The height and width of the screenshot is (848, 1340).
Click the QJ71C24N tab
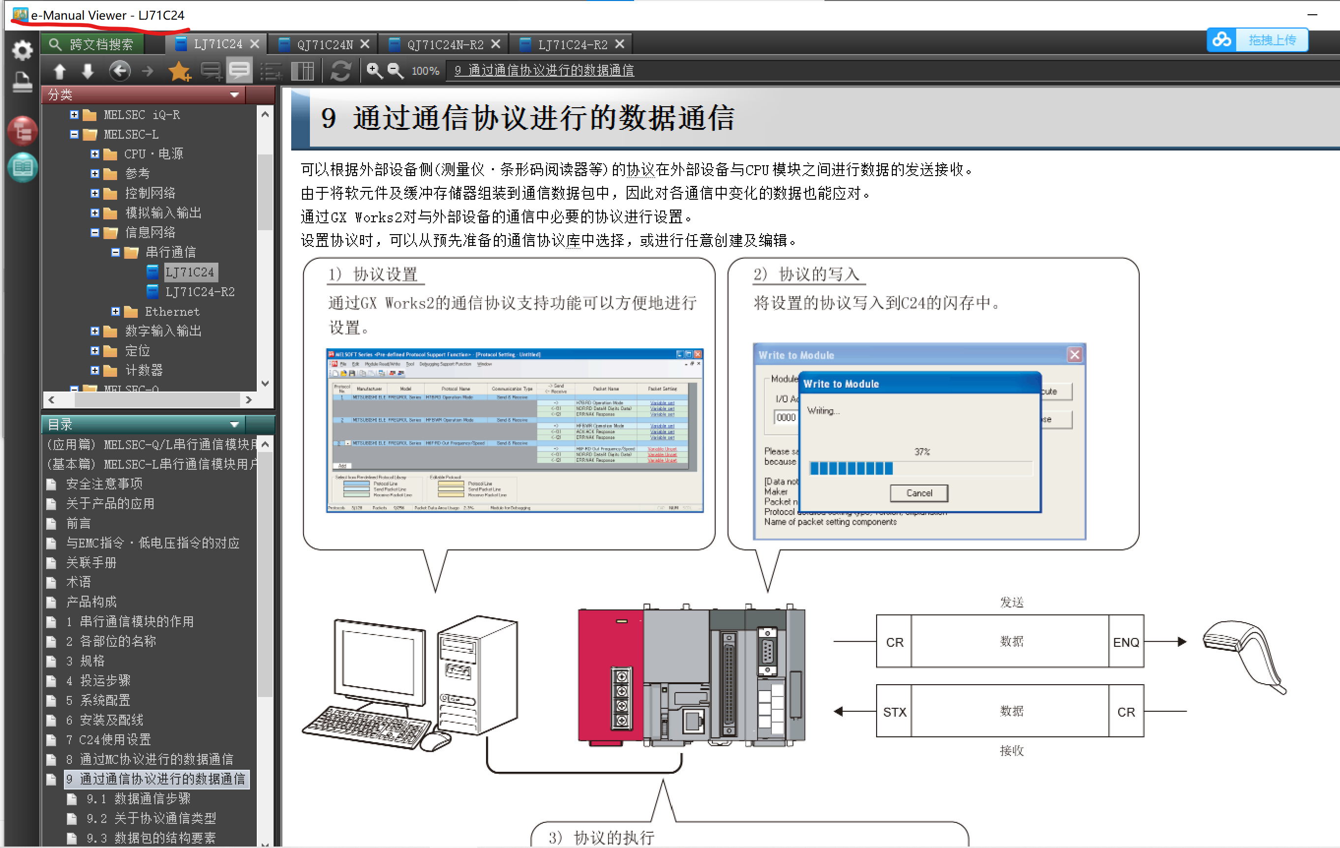pos(325,44)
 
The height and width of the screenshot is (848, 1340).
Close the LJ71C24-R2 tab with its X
pos(620,44)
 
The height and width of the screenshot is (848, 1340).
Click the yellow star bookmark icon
pos(179,71)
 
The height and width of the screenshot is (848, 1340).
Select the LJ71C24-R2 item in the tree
pos(199,292)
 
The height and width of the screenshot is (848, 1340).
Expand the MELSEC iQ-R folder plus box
pos(74,115)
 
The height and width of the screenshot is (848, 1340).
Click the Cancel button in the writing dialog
pos(919,493)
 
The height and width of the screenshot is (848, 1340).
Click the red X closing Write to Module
pos(1074,355)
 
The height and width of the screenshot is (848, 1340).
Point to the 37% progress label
pos(922,452)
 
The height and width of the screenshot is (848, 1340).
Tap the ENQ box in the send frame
pos(1126,642)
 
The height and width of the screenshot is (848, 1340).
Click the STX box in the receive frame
pos(894,712)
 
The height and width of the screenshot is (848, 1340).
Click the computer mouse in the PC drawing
pos(435,741)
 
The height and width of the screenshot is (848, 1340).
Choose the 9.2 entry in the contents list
pos(151,818)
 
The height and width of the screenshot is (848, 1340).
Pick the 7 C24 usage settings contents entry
pos(115,739)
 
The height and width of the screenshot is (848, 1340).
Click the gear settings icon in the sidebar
pos(22,51)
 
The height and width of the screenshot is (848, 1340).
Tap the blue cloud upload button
pos(1256,40)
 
